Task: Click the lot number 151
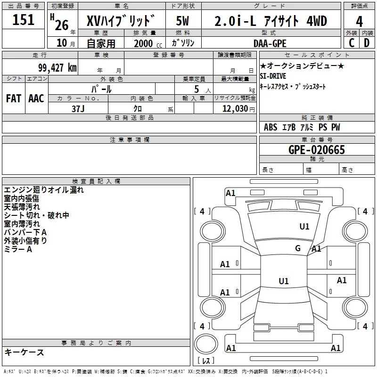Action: pos(23,19)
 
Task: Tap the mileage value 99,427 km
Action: pos(57,68)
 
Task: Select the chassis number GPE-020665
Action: pos(316,150)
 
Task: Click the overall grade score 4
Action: pos(359,21)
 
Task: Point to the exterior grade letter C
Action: pos(352,43)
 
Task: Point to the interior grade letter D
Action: pos(367,43)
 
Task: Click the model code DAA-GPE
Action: pos(270,43)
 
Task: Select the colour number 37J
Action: pos(78,109)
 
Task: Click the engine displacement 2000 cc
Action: pos(148,43)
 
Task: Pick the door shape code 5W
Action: pos(182,21)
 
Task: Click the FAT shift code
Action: pos(14,98)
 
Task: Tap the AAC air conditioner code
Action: pos(36,98)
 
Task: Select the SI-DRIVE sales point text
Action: pos(273,76)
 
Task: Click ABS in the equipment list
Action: pos(270,127)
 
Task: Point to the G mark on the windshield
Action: pos(298,248)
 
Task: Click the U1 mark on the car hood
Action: pos(304,227)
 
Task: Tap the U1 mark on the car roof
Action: pos(284,281)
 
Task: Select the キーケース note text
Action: pos(25,352)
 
